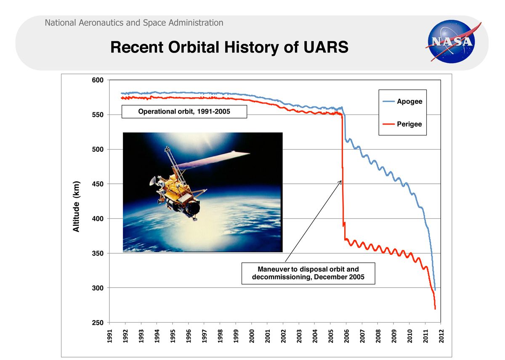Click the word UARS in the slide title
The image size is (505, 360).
pos(326,48)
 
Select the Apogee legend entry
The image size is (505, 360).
pos(409,101)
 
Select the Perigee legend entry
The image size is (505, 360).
pos(409,124)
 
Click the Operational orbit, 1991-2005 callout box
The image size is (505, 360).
pos(184,112)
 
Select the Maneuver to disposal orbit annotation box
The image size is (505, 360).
pos(308,273)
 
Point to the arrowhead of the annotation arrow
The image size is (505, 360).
pos(340,180)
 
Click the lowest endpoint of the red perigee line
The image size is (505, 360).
pos(435,309)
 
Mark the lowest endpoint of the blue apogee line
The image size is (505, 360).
pos(435,290)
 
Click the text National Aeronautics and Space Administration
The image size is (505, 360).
pos(134,23)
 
